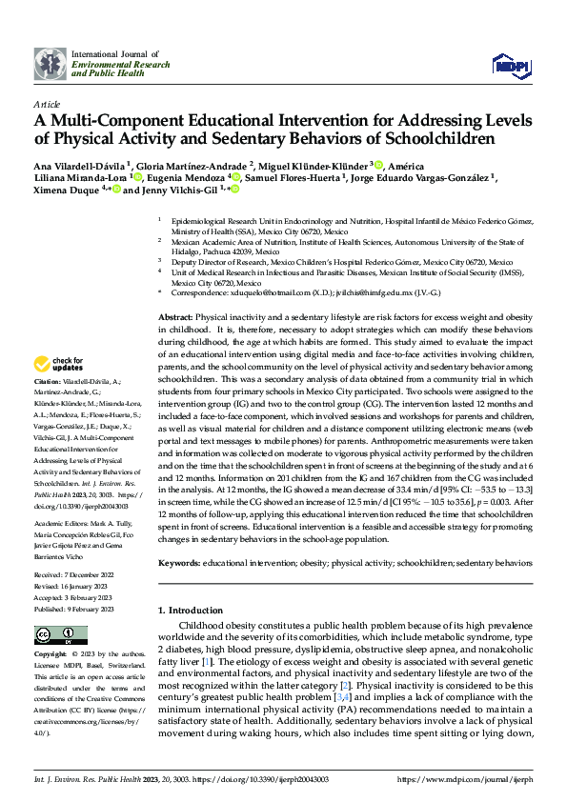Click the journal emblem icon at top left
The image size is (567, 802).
point(50,64)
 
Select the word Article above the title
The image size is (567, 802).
point(47,104)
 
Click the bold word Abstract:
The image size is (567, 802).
point(175,315)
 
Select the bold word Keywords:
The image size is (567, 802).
point(179,563)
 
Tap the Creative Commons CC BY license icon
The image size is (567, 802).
point(61,635)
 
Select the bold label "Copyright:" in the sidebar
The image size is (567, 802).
point(51,655)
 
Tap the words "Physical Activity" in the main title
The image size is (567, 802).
point(109,138)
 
